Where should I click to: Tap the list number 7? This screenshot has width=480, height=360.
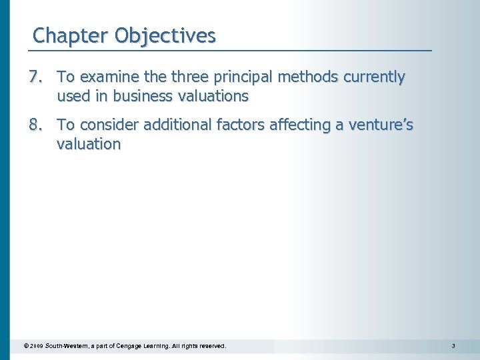37,78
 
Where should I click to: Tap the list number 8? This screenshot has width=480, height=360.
37,125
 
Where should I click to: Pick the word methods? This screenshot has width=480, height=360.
308,78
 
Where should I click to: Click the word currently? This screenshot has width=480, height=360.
374,78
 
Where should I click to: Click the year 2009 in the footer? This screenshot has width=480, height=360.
37,347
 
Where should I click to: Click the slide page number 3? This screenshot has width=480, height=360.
453,347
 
